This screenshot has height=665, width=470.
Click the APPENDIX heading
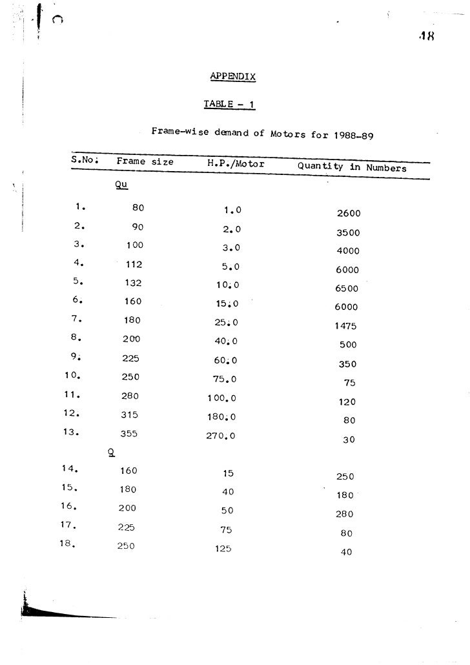233,77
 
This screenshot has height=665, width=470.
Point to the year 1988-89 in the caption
354,136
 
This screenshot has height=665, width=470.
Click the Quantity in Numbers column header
352,167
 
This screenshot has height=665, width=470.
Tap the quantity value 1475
345,326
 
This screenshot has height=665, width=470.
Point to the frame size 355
130,434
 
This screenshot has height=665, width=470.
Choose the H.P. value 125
223,549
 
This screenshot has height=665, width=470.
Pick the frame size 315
130,415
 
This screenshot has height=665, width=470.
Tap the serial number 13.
72,433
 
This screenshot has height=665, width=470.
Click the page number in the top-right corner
427,36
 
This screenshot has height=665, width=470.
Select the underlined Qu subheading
119,185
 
